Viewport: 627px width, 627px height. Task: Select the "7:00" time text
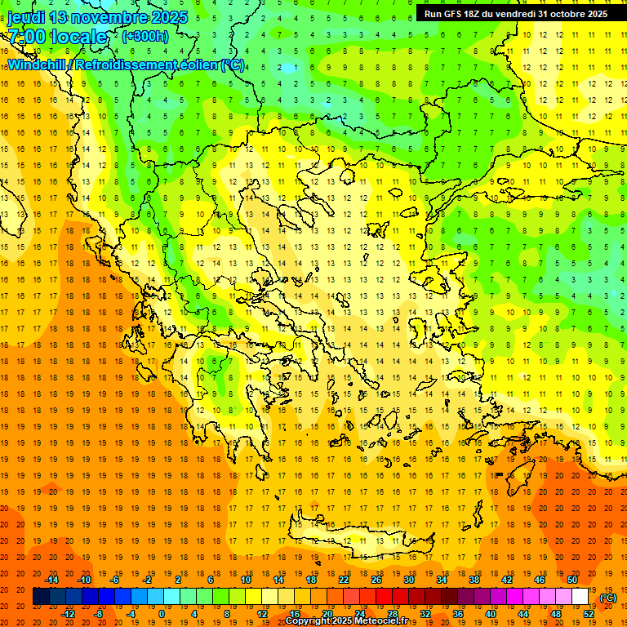tap(26, 37)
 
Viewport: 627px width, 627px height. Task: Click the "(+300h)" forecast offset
tap(145, 37)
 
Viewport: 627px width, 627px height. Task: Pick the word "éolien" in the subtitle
tap(201, 64)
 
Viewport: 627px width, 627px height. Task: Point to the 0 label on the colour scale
tap(162, 614)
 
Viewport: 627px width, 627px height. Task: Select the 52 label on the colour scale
tap(589, 614)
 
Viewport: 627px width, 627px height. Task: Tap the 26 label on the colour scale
tap(376, 580)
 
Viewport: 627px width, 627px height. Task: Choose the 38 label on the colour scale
tap(474, 580)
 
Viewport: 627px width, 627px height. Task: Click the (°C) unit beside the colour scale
tap(608, 598)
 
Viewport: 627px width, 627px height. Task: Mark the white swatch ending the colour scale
tap(580, 597)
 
